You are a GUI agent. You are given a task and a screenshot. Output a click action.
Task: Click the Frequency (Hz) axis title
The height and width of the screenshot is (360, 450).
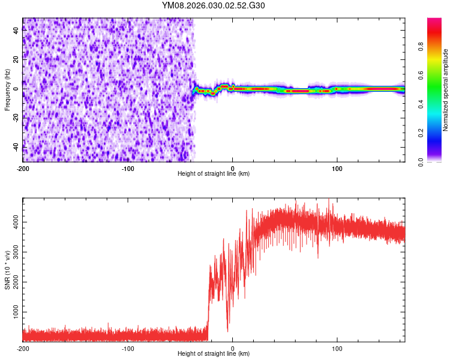coord(7,90)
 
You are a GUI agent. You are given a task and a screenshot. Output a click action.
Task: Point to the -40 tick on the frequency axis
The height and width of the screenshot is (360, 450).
coord(16,147)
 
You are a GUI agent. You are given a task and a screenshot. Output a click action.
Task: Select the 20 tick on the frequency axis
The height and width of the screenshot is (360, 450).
coord(16,59)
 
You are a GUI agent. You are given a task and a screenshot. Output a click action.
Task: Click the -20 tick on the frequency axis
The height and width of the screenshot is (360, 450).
coord(16,118)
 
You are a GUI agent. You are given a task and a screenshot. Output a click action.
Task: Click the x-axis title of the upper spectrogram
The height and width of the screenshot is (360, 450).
coord(214,174)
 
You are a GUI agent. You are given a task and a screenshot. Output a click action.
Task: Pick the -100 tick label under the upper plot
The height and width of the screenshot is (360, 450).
coord(127,168)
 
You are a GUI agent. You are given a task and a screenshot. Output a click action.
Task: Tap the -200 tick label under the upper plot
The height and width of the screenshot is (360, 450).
coord(23,168)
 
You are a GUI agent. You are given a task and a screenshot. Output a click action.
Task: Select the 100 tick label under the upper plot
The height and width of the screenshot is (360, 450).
coord(337,168)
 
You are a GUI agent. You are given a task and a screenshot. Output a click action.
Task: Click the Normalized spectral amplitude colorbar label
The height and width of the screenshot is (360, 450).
coord(446,90)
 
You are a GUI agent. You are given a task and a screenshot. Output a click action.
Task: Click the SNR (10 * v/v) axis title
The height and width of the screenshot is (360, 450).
coord(7,269)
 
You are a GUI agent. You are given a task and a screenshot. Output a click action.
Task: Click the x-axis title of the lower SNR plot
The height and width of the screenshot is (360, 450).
coord(214,355)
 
